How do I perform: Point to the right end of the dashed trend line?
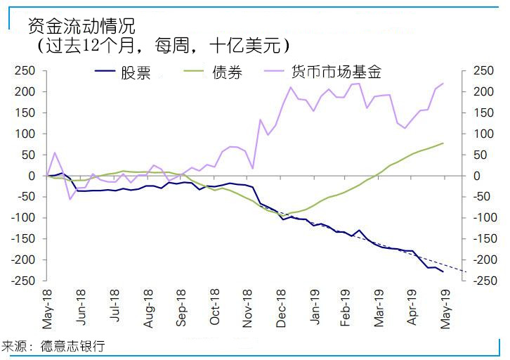(466, 272)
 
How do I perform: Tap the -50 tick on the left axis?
(25, 197)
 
